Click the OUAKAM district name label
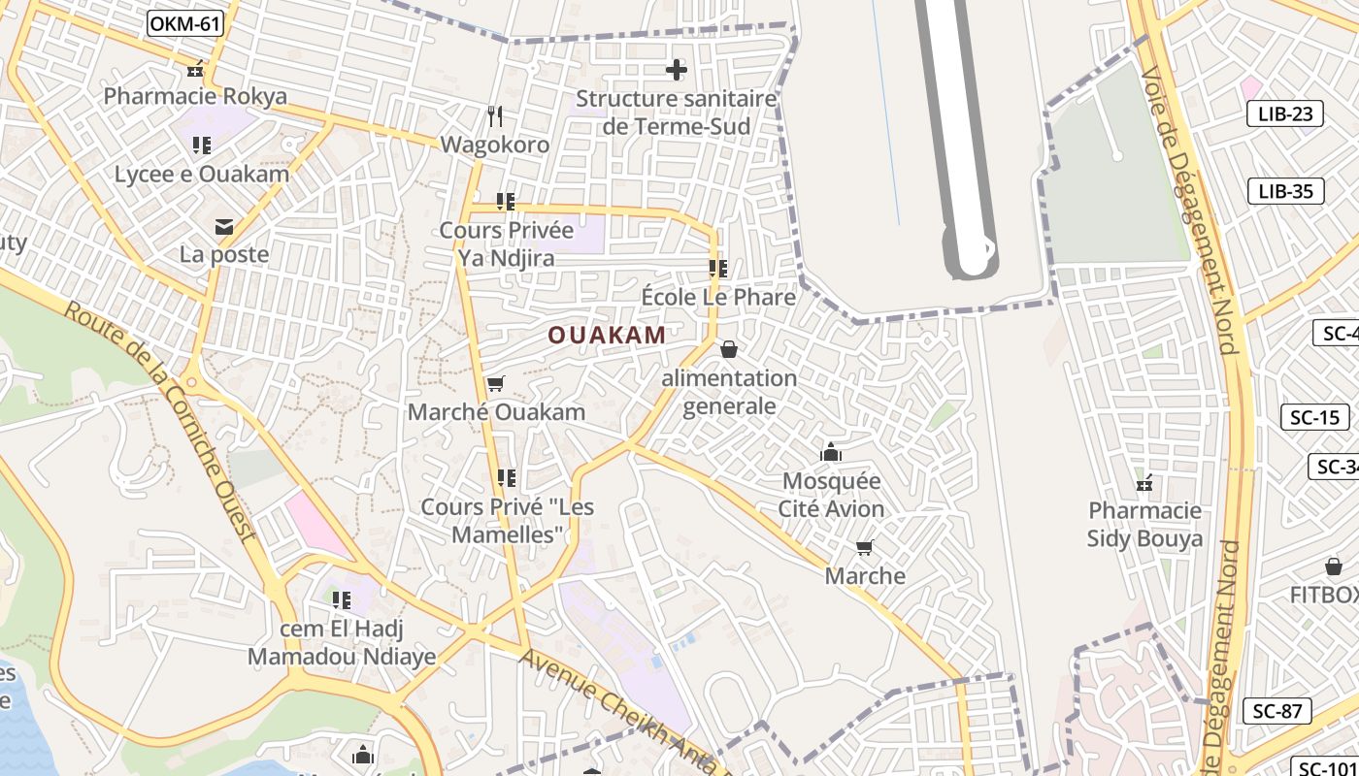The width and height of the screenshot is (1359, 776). (607, 336)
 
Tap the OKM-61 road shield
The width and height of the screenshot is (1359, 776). (185, 23)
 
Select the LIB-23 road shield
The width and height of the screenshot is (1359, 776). (1284, 113)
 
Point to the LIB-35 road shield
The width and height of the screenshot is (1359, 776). (1285, 191)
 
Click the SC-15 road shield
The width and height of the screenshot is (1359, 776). (1314, 418)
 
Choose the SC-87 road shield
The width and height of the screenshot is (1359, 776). (1276, 711)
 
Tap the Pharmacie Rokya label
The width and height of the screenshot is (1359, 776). (195, 96)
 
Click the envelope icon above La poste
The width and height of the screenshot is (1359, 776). (224, 227)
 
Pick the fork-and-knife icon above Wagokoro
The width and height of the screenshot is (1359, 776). (495, 116)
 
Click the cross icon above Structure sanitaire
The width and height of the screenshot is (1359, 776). (677, 70)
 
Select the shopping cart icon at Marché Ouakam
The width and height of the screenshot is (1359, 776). (495, 384)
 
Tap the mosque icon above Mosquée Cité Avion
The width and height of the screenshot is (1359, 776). (831, 452)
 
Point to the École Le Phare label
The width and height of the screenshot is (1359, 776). (718, 297)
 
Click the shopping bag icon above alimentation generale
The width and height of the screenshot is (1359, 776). (729, 349)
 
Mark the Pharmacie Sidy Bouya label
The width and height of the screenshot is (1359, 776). (1144, 525)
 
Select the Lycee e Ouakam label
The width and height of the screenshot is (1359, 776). (202, 175)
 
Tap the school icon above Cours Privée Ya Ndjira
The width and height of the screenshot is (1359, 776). (506, 202)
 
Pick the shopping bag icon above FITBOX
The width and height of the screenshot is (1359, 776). (1334, 566)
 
